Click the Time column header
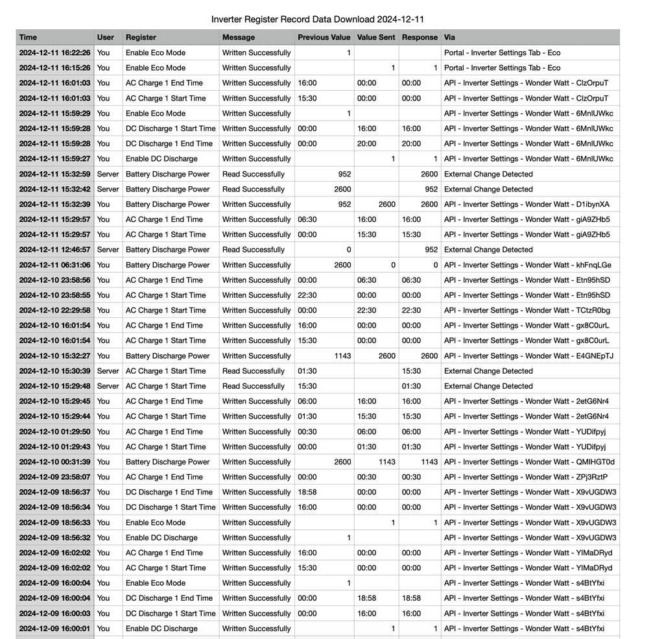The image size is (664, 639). [x=28, y=38]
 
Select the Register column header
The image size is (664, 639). [x=141, y=38]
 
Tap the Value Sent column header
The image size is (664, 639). [x=375, y=38]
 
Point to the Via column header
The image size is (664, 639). [x=449, y=38]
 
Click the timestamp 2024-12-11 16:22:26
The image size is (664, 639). [x=55, y=53]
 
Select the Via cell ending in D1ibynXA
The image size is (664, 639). [x=527, y=204]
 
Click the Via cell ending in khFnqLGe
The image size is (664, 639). [x=527, y=265]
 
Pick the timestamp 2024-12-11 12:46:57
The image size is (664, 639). [x=55, y=250]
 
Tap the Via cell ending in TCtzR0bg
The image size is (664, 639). [x=527, y=310]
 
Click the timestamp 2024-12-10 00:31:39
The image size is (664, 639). [x=55, y=462]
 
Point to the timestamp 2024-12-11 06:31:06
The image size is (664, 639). [x=55, y=265]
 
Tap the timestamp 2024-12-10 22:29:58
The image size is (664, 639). [x=55, y=310]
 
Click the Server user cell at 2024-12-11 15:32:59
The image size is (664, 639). [x=108, y=174]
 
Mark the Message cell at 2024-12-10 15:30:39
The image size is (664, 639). [x=254, y=371]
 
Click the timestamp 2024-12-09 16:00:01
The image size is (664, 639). [x=55, y=629]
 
